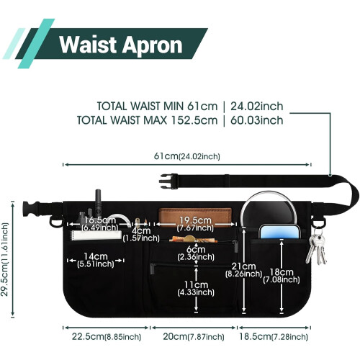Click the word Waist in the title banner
coord(88,45)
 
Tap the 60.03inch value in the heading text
coord(257,120)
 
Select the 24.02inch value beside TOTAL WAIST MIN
coord(257,107)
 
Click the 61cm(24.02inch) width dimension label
coord(186,156)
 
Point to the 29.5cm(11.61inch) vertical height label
coord(5,259)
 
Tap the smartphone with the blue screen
coord(279,232)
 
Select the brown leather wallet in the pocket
coord(195,217)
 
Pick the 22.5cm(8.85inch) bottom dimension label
coord(107,336)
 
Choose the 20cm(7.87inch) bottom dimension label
coord(194,336)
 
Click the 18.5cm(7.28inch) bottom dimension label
coord(274,336)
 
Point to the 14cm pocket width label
coord(96,260)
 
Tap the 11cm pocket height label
coord(196,288)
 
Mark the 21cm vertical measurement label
coord(243,270)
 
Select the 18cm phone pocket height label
coord(282,276)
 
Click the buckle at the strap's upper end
coord(168,181)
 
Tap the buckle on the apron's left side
coord(31,208)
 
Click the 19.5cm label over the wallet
coord(195,224)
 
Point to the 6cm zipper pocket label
coord(196,253)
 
